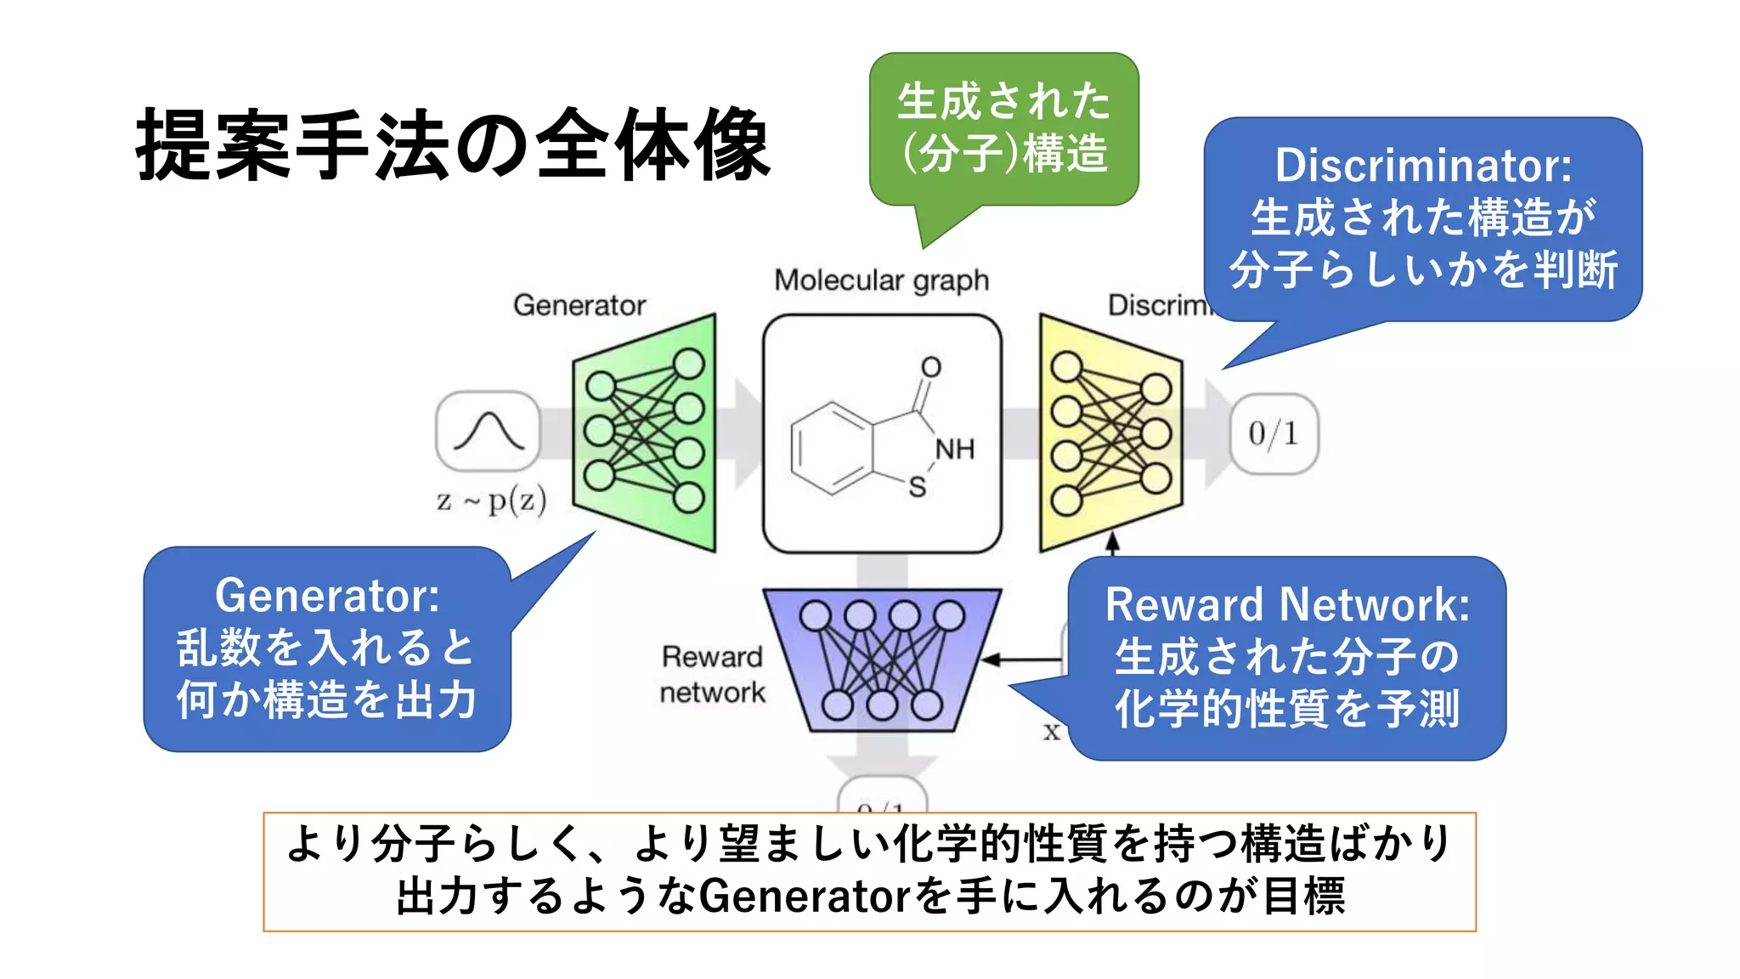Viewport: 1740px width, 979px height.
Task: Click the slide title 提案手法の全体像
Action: click(453, 145)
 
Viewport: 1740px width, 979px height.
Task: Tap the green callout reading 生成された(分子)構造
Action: click(1003, 127)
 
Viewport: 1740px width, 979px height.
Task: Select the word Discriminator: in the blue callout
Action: click(1423, 165)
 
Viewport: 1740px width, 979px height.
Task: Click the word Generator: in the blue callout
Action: click(327, 595)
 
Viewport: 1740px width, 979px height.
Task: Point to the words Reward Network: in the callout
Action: click(1287, 604)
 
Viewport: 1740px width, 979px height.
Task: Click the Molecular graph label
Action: click(881, 280)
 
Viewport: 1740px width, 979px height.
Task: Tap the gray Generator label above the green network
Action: click(579, 305)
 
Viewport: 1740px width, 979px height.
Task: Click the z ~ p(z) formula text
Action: click(491, 501)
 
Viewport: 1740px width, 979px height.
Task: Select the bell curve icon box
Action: click(488, 431)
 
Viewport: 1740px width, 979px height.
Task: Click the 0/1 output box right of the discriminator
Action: click(1274, 433)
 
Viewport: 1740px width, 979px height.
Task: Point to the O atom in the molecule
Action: click(931, 367)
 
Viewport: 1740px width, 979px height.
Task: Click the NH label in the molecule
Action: click(955, 449)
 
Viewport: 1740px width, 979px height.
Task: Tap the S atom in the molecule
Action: click(917, 487)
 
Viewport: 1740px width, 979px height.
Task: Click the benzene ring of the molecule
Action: click(831, 448)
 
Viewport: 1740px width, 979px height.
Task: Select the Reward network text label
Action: click(712, 674)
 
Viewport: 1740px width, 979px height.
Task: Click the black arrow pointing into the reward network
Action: click(1020, 659)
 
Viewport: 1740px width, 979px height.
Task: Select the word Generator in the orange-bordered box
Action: click(803, 896)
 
